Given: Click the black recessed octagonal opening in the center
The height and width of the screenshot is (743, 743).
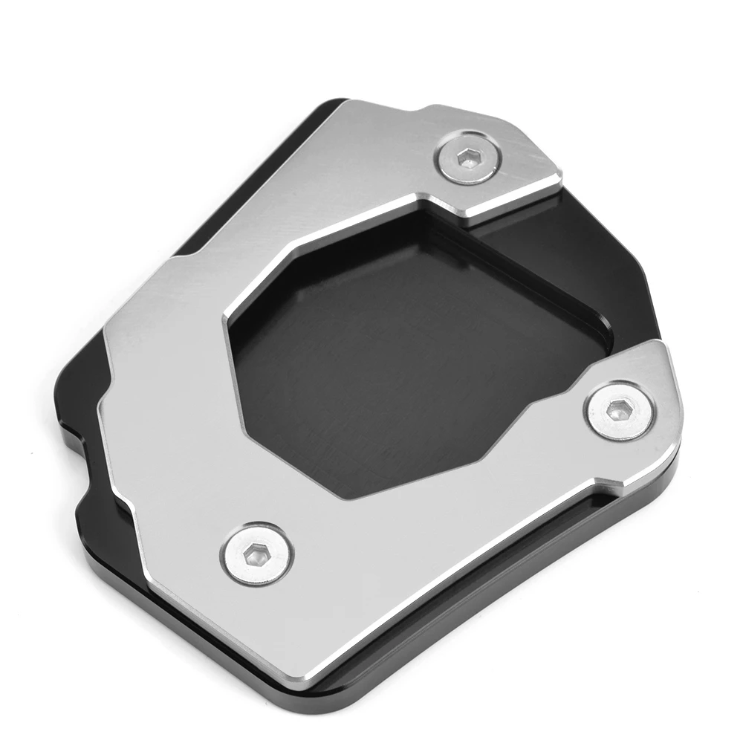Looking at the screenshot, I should tap(416, 357).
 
